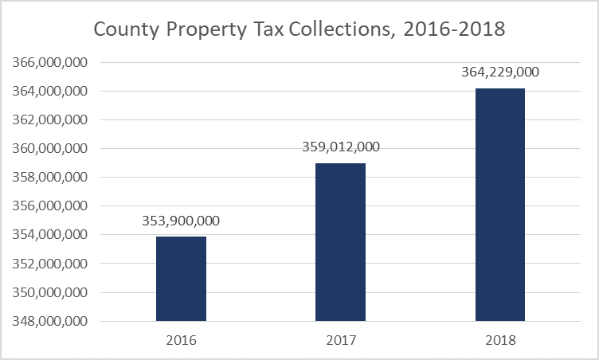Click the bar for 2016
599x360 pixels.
click(x=181, y=279)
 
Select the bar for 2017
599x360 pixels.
click(x=340, y=242)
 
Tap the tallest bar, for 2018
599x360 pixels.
click(x=499, y=205)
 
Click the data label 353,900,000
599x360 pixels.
click(x=181, y=221)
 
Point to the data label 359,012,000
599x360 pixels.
click(x=341, y=147)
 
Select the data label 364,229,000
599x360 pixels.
click(x=500, y=72)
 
